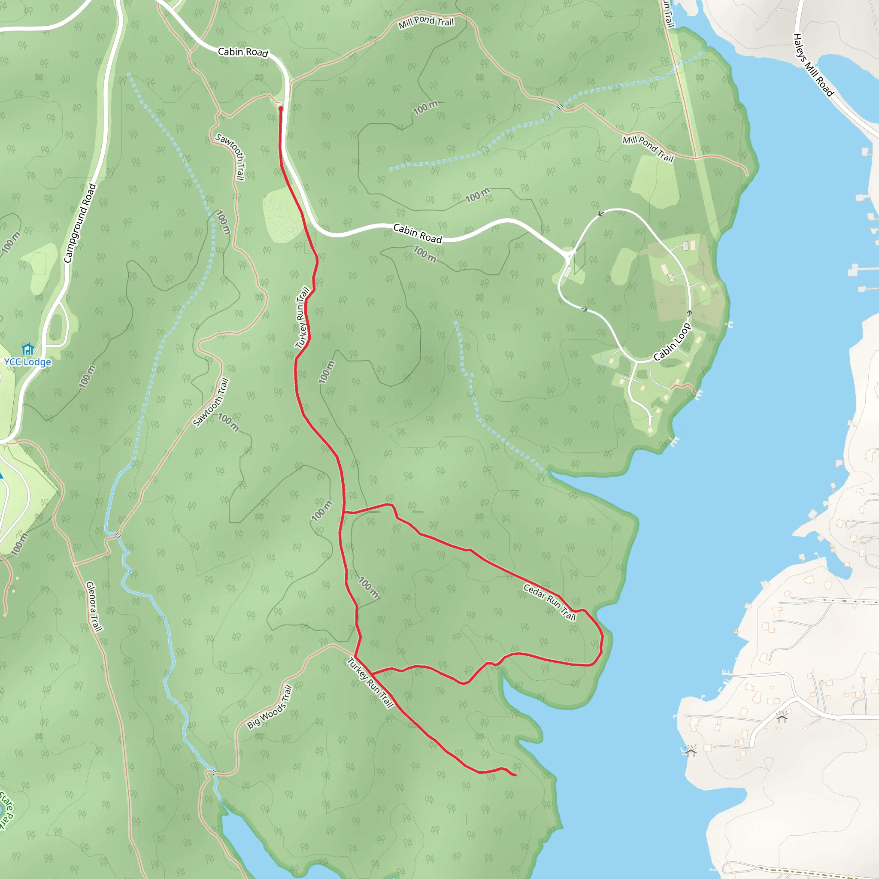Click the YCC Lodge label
[x=28, y=362]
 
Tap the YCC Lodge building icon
[x=28, y=349]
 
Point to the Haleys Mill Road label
[x=813, y=65]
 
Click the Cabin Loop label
[x=672, y=342]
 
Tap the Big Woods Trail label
[x=270, y=707]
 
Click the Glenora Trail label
[x=94, y=606]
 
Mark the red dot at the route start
[x=281, y=109]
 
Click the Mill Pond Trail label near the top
[x=426, y=22]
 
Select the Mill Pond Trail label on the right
[x=648, y=149]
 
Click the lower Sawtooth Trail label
[x=211, y=403]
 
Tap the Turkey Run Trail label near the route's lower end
[x=370, y=682]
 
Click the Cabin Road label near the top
[x=243, y=52]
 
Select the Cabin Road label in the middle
[x=418, y=233]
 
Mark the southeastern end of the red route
[x=515, y=775]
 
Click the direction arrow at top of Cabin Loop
[x=601, y=214]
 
